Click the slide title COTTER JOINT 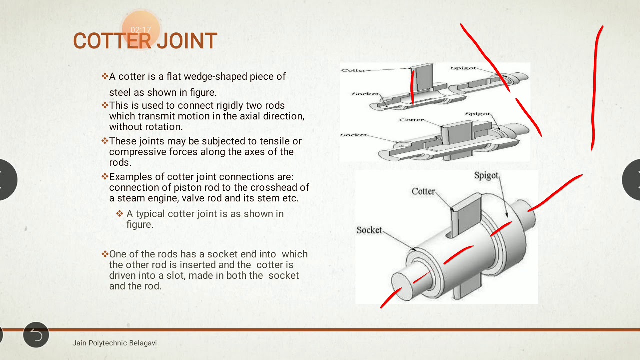tap(145, 41)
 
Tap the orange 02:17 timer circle tap(141, 30)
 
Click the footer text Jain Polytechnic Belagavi tap(114, 343)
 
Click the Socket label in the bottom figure tap(369, 230)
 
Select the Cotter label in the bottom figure tap(423, 191)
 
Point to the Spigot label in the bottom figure tap(486, 176)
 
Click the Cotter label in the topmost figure tap(353, 70)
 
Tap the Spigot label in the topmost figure tap(463, 68)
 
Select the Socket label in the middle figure tap(353, 135)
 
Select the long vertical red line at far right tap(595, 90)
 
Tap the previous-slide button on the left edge tap(6, 180)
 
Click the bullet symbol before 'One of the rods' tap(105, 254)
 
